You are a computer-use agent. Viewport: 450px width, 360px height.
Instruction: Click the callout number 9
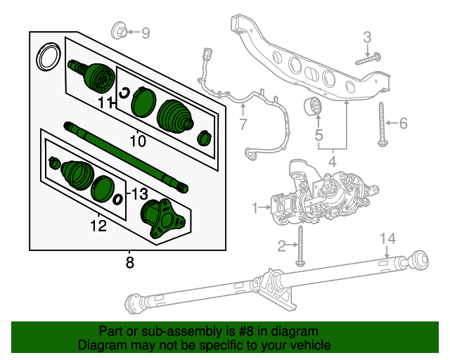tap(146, 32)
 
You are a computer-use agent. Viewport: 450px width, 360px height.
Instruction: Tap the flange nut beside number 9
tap(120, 32)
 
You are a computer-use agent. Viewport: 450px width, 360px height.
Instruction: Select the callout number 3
tap(366, 37)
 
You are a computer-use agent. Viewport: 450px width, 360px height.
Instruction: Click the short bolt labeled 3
tap(368, 58)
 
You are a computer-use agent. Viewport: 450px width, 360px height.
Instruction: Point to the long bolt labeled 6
tap(382, 124)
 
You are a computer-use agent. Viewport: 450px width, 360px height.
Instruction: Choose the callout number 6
tap(403, 124)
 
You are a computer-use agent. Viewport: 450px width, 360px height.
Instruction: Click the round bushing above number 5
tap(312, 108)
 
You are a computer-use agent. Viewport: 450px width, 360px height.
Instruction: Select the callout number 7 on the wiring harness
tap(243, 126)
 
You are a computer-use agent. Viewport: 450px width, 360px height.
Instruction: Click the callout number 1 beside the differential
tap(256, 207)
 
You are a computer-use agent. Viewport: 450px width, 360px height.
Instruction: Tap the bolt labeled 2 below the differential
tap(300, 245)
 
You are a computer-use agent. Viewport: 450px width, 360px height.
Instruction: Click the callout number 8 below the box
tap(129, 263)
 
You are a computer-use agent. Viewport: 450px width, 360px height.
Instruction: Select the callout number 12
tap(98, 225)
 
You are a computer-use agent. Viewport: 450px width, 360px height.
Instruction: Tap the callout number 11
tap(105, 103)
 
